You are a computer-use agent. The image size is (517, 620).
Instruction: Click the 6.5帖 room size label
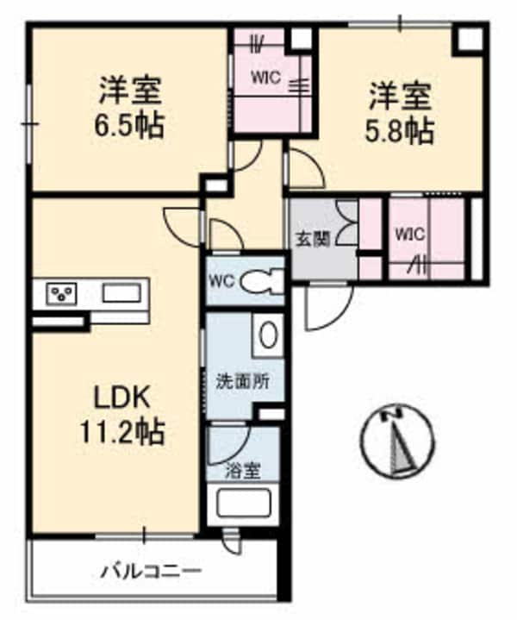(131, 128)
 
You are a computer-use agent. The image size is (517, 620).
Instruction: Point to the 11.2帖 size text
(124, 431)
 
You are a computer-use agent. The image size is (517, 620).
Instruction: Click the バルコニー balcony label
(151, 571)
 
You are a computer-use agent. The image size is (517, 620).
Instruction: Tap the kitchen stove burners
(60, 294)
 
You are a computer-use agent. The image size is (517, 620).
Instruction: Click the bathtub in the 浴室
(246, 506)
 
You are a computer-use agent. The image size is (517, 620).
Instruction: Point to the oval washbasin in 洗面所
(269, 335)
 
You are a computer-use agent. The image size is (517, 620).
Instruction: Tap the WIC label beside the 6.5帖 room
(265, 75)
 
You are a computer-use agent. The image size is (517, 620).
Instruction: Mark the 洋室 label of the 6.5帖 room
(131, 90)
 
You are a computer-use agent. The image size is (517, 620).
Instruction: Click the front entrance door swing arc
(327, 308)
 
